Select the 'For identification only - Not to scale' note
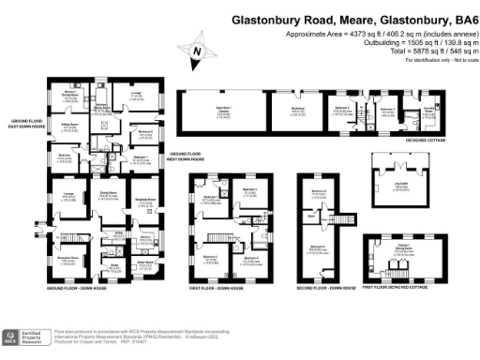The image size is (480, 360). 437,60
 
